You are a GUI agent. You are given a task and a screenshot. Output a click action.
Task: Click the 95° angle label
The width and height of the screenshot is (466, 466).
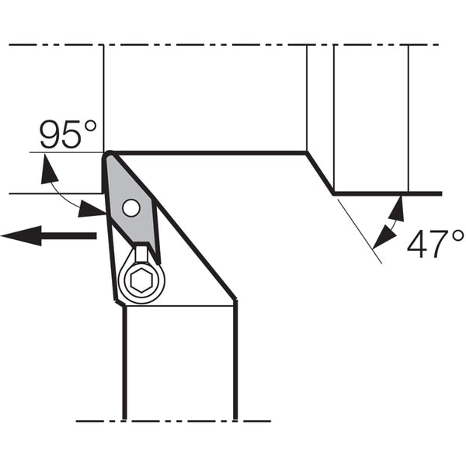pyautogui.click(x=68, y=134)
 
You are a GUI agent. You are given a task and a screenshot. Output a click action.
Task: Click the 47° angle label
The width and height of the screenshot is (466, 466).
pyautogui.click(x=435, y=244)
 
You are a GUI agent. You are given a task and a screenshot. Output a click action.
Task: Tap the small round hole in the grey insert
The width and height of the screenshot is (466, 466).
pyautogui.click(x=131, y=207)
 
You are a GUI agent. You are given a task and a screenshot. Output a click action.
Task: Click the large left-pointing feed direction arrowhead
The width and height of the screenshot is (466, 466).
pyautogui.click(x=22, y=235)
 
